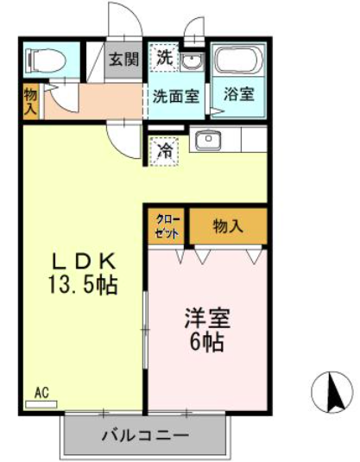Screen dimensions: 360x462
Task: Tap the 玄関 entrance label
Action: [123, 59]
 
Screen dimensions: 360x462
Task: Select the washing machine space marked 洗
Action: [163, 58]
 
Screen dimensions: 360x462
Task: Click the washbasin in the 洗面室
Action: [192, 61]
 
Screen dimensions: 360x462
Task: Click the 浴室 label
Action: [238, 94]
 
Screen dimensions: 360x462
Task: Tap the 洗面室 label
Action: [176, 96]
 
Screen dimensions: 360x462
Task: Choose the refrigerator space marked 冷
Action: [163, 151]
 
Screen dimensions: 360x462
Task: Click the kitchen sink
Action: [209, 140]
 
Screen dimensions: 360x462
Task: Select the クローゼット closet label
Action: [167, 227]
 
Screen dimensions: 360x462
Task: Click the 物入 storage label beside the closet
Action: [228, 226]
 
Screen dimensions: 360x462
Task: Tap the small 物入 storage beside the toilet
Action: [31, 101]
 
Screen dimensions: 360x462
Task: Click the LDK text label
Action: [84, 262]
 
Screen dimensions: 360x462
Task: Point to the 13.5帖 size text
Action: [83, 285]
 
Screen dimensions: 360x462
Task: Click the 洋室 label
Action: [207, 318]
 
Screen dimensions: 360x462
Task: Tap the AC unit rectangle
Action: [41, 404]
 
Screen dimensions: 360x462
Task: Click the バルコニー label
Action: [145, 435]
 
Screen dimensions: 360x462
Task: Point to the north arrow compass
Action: [332, 392]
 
